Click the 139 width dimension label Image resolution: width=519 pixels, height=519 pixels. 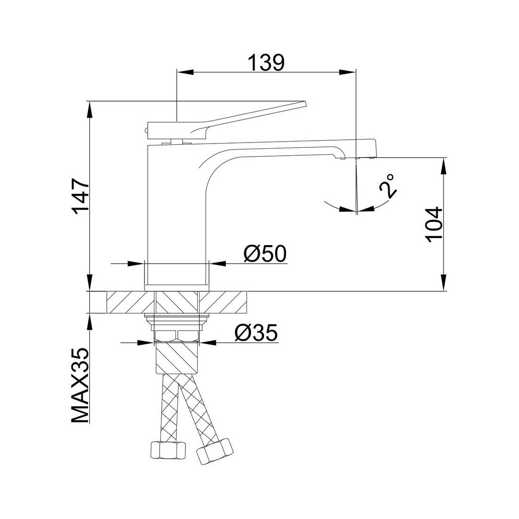tap(266, 63)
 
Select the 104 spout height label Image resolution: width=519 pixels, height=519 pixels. tap(434, 225)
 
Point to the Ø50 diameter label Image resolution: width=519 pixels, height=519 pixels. tap(265, 254)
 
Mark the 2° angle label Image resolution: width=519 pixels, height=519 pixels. tap(388, 186)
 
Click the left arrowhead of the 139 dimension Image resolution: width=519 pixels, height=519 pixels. tap(185, 72)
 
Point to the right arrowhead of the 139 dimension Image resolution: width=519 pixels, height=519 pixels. tap(348, 72)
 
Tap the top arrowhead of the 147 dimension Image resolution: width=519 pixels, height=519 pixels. tap(89, 109)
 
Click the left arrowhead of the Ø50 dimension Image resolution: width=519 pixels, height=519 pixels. tap(137, 263)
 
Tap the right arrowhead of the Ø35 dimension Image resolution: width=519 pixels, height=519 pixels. tap(207, 342)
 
